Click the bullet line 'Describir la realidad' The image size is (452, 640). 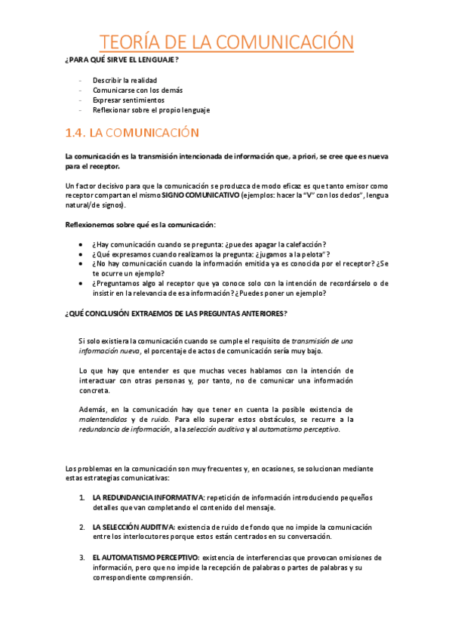[x=125, y=80]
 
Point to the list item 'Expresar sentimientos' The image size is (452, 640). [x=128, y=100]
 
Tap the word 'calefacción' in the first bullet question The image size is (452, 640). [x=300, y=245]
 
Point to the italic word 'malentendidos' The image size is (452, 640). [x=103, y=419]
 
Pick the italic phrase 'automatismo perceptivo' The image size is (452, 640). [x=299, y=429]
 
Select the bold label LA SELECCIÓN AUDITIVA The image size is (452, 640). [x=134, y=526]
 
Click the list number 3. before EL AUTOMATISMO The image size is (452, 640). [x=82, y=558]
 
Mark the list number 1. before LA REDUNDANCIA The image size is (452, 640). [x=82, y=497]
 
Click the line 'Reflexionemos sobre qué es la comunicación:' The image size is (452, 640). [x=140, y=225]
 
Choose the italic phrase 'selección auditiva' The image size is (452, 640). [x=219, y=429]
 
